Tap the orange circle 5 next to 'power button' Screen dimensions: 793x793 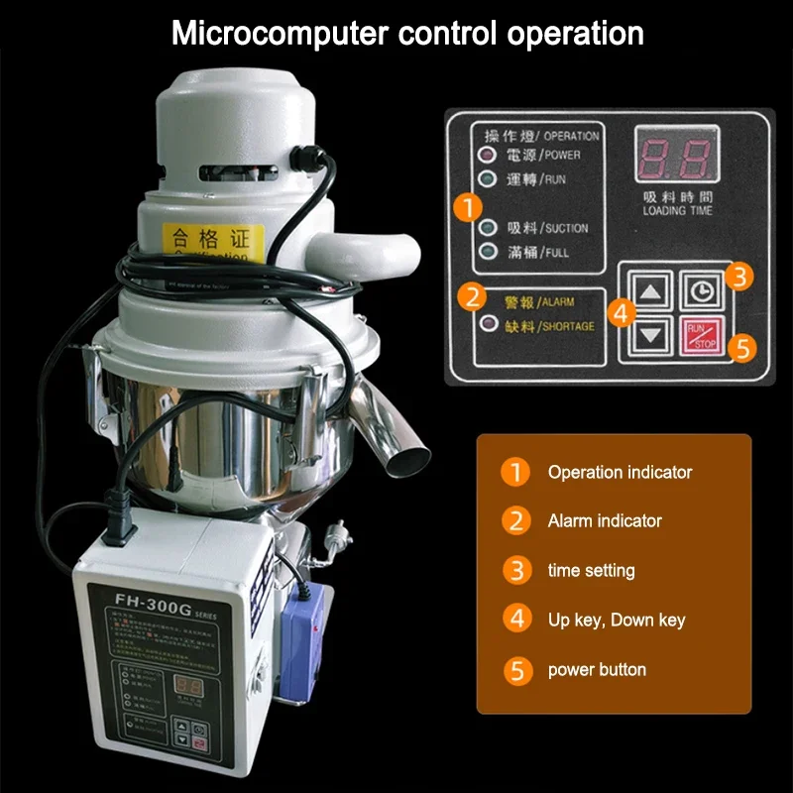click(x=515, y=670)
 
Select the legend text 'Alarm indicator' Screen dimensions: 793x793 click(x=605, y=520)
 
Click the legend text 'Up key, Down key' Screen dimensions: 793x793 click(x=617, y=621)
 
